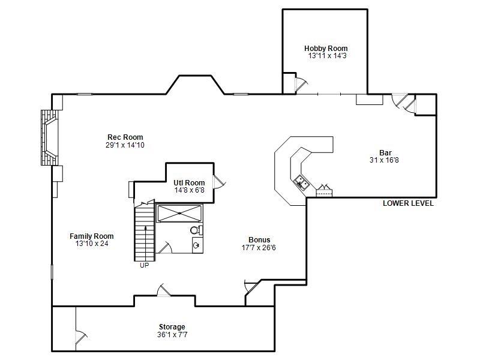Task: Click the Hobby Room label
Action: click(x=326, y=49)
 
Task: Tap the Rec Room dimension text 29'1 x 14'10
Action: click(x=125, y=145)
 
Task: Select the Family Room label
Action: click(x=91, y=236)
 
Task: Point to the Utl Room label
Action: click(x=189, y=183)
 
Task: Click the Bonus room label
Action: click(x=259, y=240)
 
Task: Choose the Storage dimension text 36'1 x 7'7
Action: click(x=172, y=334)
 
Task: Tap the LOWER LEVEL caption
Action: click(x=408, y=203)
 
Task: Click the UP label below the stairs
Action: click(x=144, y=265)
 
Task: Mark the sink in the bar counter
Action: click(x=301, y=182)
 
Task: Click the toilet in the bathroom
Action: click(x=196, y=230)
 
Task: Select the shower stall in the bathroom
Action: click(x=179, y=213)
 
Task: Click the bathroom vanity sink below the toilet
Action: click(x=197, y=244)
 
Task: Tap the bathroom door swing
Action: click(x=164, y=247)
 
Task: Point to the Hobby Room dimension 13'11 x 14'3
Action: click(x=327, y=56)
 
